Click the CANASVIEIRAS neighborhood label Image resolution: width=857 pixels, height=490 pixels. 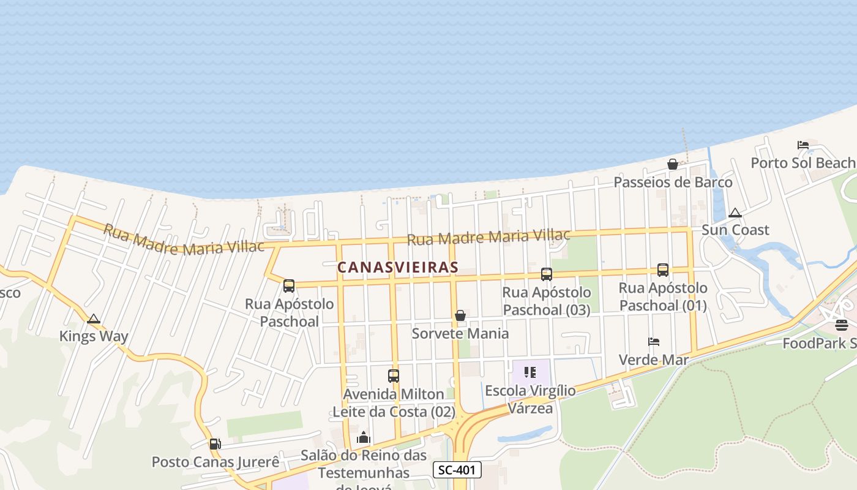pyautogui.click(x=398, y=268)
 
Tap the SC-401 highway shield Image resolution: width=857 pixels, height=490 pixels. pyautogui.click(x=457, y=470)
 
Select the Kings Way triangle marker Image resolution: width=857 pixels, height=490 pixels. pyautogui.click(x=93, y=319)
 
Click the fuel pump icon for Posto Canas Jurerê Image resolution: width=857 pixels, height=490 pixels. pyautogui.click(x=215, y=444)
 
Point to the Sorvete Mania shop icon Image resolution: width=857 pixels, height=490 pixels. pyautogui.click(x=460, y=315)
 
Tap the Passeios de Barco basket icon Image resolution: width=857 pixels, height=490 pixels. pyautogui.click(x=673, y=164)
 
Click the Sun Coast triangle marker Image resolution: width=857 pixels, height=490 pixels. pyautogui.click(x=735, y=213)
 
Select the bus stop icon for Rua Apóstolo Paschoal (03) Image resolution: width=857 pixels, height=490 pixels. pyautogui.click(x=547, y=274)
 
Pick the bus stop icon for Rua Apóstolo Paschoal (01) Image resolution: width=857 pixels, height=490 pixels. pyautogui.click(x=663, y=269)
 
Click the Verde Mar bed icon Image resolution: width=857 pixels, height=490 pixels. pyautogui.click(x=654, y=342)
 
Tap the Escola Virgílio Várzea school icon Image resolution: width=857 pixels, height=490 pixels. pyautogui.click(x=530, y=372)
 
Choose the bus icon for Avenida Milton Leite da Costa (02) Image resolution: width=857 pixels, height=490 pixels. pyautogui.click(x=394, y=376)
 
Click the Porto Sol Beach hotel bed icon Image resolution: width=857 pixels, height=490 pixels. pyautogui.click(x=803, y=145)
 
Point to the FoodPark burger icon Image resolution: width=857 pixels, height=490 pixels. pyautogui.click(x=841, y=325)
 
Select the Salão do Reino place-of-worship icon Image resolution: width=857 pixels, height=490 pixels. pyautogui.click(x=364, y=437)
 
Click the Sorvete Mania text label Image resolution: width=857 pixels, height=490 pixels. pyautogui.click(x=460, y=334)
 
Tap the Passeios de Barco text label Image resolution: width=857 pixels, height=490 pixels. pyautogui.click(x=673, y=183)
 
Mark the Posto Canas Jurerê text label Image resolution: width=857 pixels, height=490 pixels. pyautogui.click(x=215, y=462)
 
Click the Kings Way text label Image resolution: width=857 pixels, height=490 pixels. pyautogui.click(x=94, y=336)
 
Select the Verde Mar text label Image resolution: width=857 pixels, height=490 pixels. pyautogui.click(x=654, y=360)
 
